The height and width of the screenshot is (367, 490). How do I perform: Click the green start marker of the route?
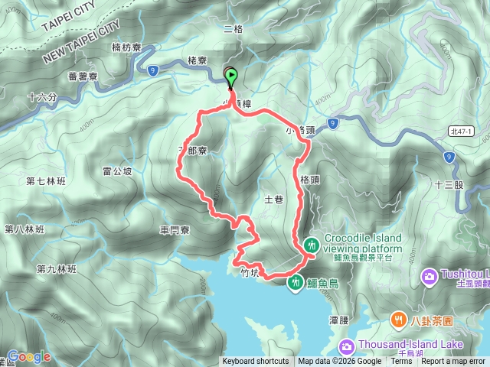230,76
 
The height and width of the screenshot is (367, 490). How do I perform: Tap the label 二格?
232,29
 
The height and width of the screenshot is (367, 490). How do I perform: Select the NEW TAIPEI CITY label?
82,43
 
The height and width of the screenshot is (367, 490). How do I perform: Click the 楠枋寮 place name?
126,47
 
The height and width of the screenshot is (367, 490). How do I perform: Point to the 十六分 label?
42,98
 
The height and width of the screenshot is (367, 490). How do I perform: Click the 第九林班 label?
57,269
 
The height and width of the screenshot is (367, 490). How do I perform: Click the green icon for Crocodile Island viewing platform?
312,245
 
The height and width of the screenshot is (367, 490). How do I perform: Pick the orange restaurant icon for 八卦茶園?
398,319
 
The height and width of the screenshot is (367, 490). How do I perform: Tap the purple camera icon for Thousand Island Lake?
345,346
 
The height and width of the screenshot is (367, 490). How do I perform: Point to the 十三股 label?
448,184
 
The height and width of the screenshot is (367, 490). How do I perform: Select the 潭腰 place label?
340,319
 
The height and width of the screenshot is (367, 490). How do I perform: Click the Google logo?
29,356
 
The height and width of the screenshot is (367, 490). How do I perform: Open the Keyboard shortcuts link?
256,362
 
